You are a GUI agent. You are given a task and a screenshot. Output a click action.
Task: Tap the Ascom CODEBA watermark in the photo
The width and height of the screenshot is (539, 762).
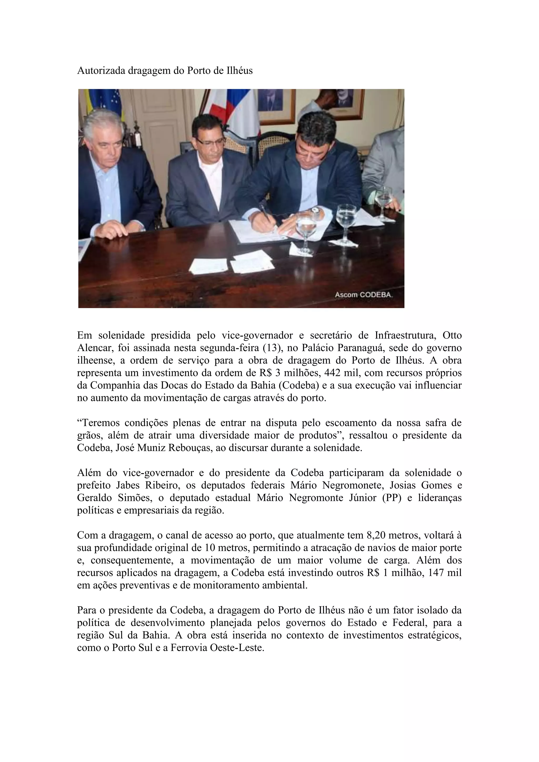[x=364, y=294]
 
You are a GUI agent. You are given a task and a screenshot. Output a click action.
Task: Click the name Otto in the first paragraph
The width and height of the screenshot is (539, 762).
[x=452, y=335]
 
